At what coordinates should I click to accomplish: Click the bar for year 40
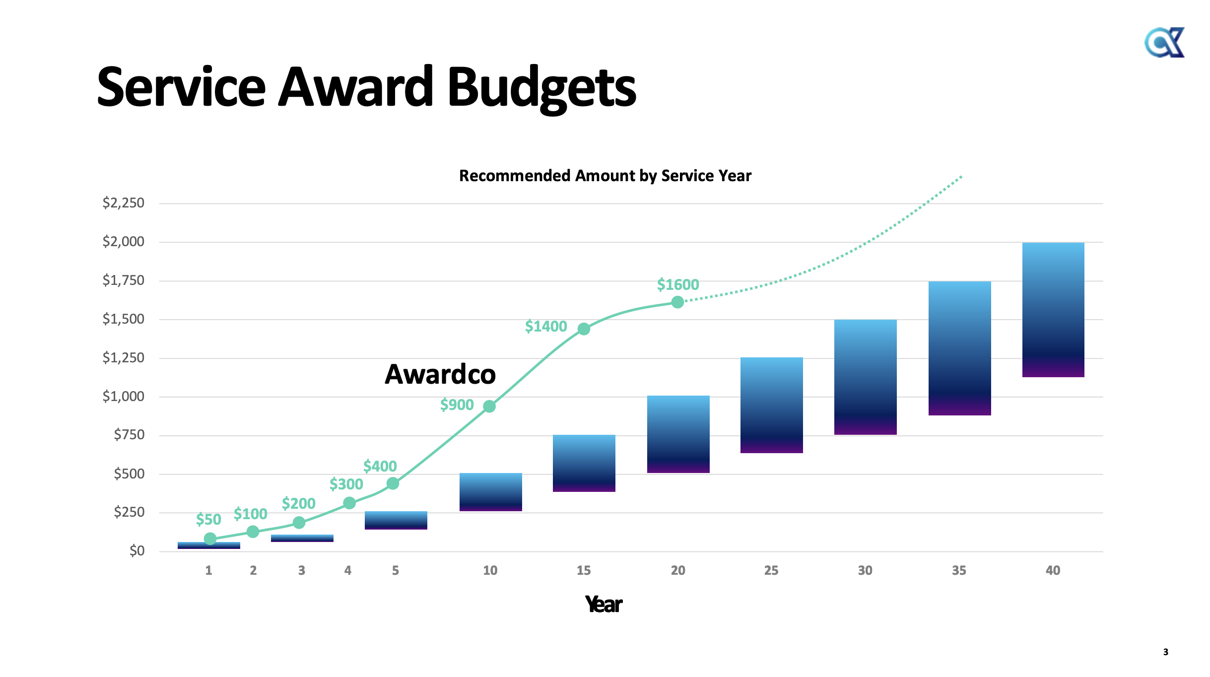coord(1053,310)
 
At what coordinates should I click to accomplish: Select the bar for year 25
coord(771,405)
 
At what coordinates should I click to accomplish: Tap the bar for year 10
coord(490,492)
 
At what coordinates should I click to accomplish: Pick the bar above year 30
coord(865,377)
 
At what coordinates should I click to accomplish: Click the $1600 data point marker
coord(677,302)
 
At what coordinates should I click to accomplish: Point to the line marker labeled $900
coord(489,406)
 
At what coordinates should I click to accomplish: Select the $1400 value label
coord(546,327)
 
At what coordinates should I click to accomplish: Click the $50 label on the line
coord(208,520)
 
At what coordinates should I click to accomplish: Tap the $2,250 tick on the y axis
coord(124,203)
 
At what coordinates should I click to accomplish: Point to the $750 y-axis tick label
coord(129,435)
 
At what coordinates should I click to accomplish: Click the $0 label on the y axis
coord(137,551)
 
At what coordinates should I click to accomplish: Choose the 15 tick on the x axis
coord(584,571)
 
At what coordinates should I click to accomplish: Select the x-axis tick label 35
coord(959,571)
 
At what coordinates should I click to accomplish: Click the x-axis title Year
coord(604,605)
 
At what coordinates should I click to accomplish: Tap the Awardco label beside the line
coord(440,374)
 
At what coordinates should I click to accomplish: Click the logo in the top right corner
coord(1164,43)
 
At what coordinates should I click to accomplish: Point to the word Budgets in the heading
coord(541,88)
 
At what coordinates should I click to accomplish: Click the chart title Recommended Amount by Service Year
coord(605,176)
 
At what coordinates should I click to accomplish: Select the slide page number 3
coord(1166,652)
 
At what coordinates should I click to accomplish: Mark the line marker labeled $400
coord(393,483)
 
